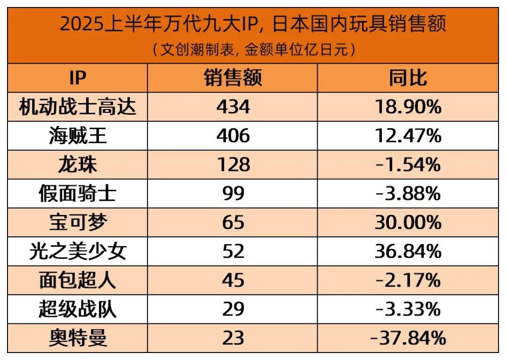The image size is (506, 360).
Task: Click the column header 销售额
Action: (x=233, y=78)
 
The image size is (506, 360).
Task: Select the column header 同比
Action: (x=408, y=78)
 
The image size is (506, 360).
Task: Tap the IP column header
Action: (x=77, y=78)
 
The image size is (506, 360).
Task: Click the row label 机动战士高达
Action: (x=77, y=107)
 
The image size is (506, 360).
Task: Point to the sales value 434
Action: (x=233, y=107)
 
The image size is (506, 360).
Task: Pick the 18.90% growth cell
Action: (x=408, y=107)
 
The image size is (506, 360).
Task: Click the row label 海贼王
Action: (x=77, y=136)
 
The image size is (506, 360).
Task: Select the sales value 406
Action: (x=233, y=136)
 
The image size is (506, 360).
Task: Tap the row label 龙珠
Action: (x=77, y=165)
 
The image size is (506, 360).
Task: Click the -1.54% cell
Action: (x=408, y=165)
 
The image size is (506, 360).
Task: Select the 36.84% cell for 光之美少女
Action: (x=408, y=252)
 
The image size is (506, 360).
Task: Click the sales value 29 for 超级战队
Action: (x=233, y=309)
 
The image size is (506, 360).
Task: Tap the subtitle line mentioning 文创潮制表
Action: (x=253, y=50)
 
